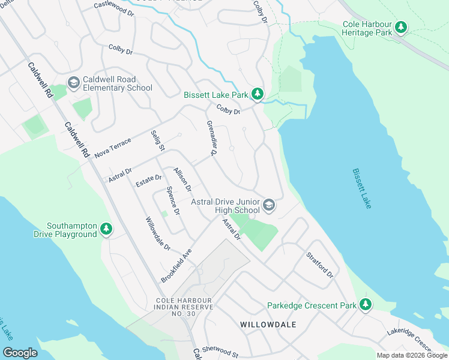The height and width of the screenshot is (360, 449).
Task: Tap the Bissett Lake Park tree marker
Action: click(x=257, y=94)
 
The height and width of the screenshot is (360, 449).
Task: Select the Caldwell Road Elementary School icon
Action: click(x=74, y=83)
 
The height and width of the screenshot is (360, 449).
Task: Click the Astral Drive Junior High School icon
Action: click(x=270, y=206)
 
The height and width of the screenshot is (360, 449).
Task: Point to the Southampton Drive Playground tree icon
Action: click(x=106, y=229)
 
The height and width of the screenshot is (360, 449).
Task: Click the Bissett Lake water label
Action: click(x=362, y=188)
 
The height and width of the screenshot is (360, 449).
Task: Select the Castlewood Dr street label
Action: click(x=114, y=8)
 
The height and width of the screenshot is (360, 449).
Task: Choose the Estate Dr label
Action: click(x=148, y=180)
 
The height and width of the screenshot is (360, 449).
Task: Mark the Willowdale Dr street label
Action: click(x=158, y=233)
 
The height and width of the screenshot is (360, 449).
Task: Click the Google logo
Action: click(x=20, y=353)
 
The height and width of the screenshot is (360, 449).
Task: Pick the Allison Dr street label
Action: click(x=182, y=180)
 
